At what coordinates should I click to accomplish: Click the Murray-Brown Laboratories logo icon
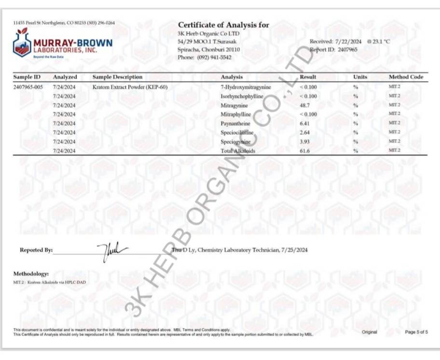click(21, 44)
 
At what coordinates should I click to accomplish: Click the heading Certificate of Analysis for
click(223, 25)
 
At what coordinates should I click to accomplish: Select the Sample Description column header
click(117, 77)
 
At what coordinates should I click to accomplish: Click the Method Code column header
click(406, 77)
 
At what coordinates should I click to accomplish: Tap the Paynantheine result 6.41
click(305, 123)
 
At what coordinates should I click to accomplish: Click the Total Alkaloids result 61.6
click(305, 151)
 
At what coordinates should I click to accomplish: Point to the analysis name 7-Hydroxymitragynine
click(246, 87)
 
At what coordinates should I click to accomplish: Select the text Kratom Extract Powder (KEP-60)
click(130, 87)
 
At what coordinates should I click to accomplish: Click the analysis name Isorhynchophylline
click(242, 96)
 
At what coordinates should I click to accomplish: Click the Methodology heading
click(31, 274)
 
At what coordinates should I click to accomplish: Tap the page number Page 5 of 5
click(416, 332)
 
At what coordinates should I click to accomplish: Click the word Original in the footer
click(370, 332)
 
